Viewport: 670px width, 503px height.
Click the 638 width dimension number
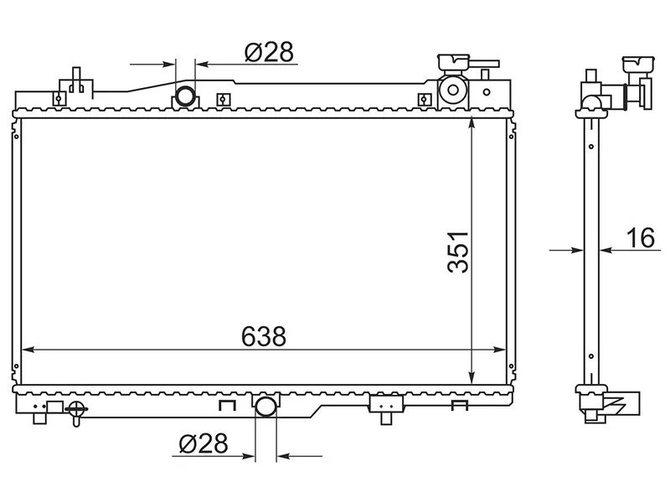coord(264,336)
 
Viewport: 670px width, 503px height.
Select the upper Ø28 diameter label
coord(269,52)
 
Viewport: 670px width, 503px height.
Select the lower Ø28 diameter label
coord(204,443)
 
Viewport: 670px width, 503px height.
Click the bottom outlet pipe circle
coord(265,407)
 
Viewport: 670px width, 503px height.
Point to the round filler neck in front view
coord(453,91)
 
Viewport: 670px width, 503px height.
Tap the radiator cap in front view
coord(453,63)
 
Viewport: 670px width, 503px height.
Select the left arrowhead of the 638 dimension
coord(26,349)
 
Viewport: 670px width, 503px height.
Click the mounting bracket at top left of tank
coord(75,85)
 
